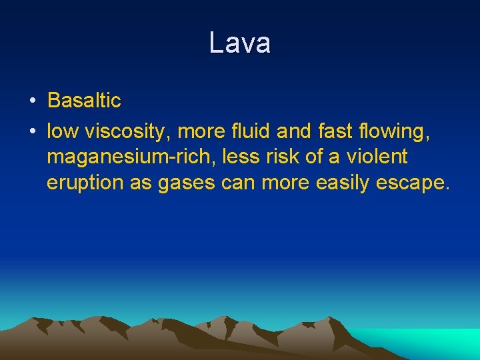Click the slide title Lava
239,43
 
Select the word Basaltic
84,101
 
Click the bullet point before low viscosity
32,132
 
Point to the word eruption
85,183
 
